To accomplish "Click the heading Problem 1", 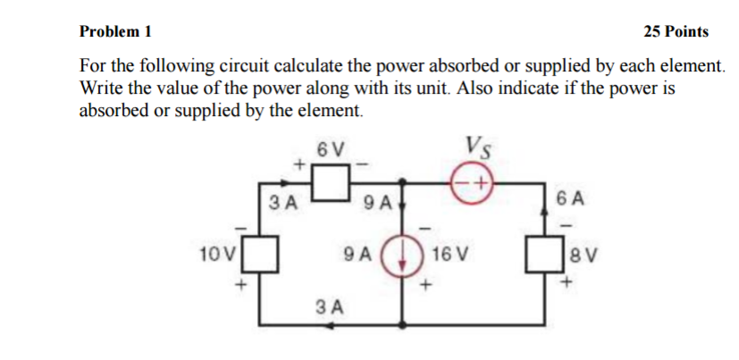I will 115,31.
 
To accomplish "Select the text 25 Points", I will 676,31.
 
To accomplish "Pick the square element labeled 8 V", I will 544,253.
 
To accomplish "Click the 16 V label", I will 444,254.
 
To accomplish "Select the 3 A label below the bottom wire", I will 331,308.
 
